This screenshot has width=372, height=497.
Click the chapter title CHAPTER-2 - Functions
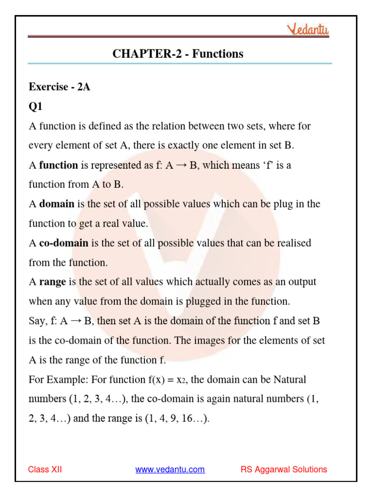178,54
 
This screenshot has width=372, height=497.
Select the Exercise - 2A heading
60,87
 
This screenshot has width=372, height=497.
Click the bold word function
59,165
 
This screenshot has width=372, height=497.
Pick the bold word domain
57,204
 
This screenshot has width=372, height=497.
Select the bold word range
52,282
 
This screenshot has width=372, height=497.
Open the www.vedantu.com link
170,469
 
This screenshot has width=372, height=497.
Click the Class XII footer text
45,469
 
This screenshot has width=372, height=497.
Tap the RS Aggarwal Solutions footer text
284,469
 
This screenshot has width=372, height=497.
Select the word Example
66,379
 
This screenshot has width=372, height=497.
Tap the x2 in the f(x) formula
181,379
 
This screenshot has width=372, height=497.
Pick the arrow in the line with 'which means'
182,165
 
